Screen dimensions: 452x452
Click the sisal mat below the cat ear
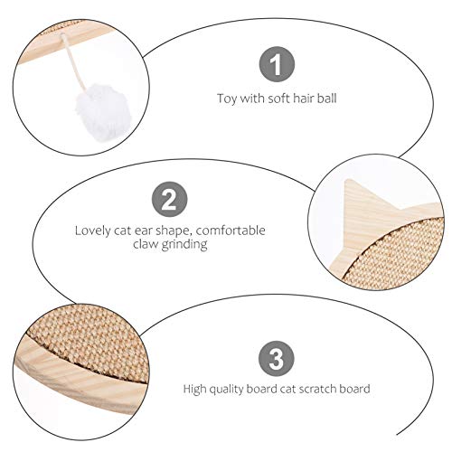pyautogui.click(x=398, y=253)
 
